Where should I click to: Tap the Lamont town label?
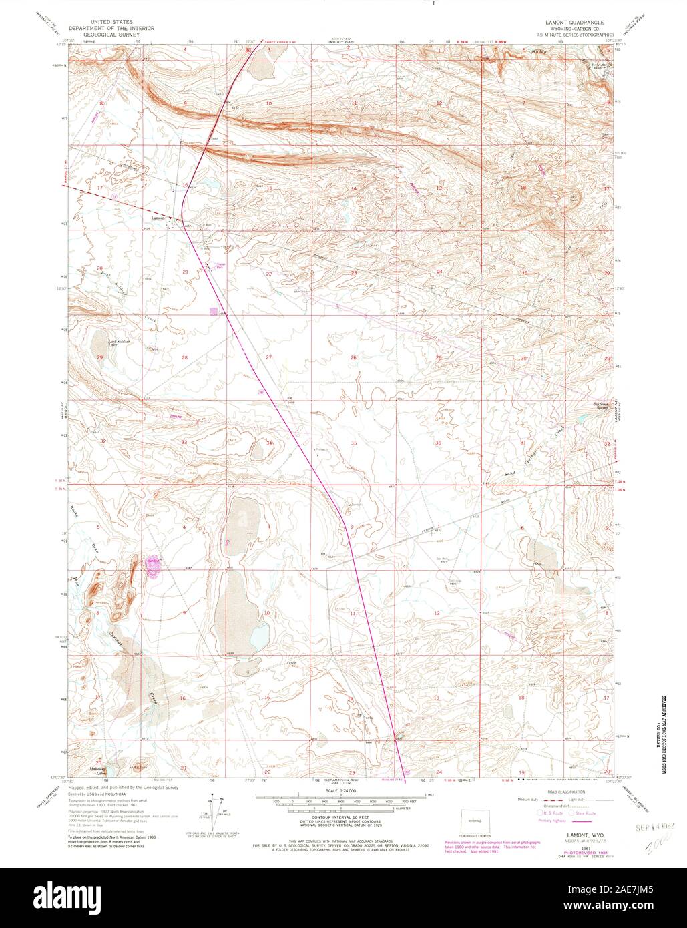[158, 218]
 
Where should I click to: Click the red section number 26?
[354, 358]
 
